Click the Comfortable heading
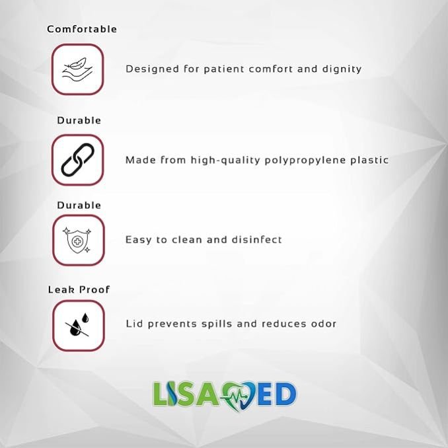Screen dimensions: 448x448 tap(82, 29)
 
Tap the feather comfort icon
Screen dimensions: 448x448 tap(77, 69)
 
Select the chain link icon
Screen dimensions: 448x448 tap(77, 160)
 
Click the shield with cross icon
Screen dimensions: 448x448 tap(77, 241)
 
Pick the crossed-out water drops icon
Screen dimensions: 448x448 tap(78, 325)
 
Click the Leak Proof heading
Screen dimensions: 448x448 tap(79, 289)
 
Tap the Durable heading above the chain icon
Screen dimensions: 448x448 tap(79, 120)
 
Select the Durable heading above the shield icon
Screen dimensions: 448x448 tap(79, 205)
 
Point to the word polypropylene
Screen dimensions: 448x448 tap(305, 161)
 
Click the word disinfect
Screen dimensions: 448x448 tap(256, 239)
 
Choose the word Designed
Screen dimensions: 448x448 tap(152, 69)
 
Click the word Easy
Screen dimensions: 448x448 tap(139, 240)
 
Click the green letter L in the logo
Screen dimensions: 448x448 tap(161, 394)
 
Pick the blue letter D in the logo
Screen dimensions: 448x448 tap(285, 394)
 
